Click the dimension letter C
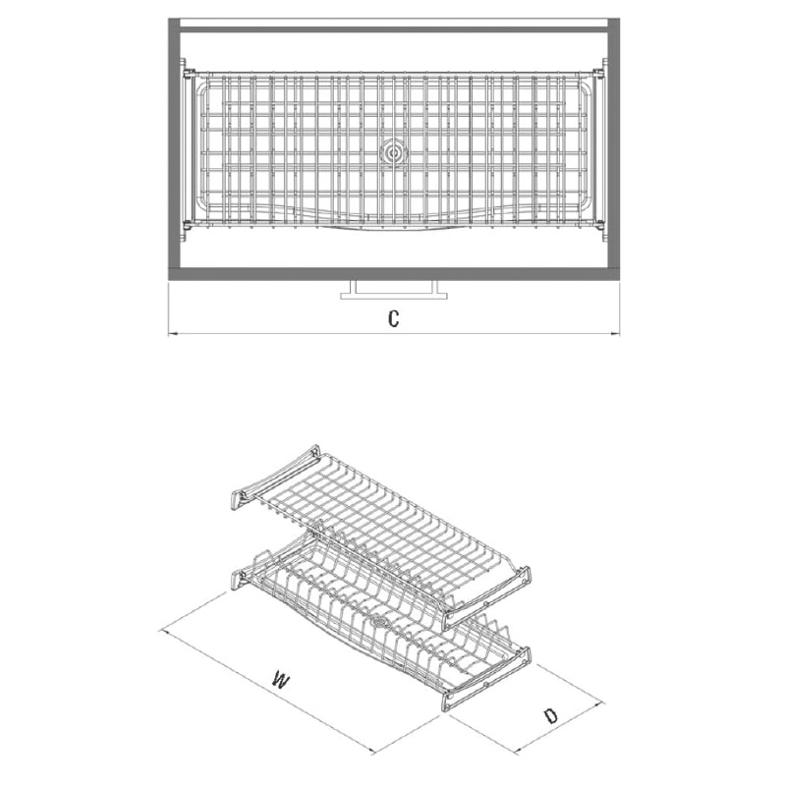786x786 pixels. pos(394,318)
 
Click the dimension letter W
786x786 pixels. pos(281,681)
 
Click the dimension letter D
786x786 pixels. pos(551,716)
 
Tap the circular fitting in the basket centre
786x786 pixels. pos(394,152)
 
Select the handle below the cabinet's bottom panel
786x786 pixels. pos(394,290)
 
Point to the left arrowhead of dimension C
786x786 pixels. pos(170,333)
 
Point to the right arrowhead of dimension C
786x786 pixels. pos(617,333)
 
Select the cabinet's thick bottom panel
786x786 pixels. pos(394,274)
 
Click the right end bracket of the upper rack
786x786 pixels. pos(486,598)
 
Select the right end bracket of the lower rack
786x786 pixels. pos(486,679)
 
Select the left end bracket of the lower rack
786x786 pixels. pos(239,582)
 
